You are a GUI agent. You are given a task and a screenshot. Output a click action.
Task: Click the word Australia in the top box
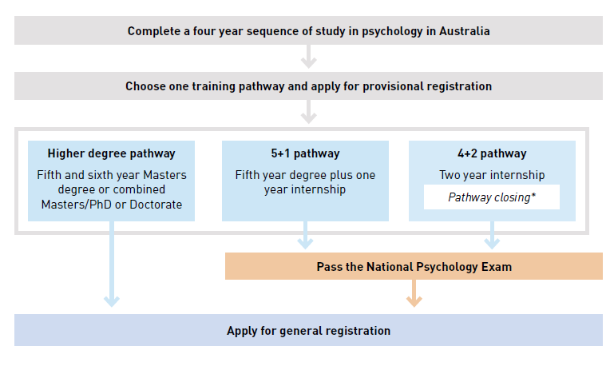(465, 31)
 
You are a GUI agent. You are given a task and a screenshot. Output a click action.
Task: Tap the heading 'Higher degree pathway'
(111, 153)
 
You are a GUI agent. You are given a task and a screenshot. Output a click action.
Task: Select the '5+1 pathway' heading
(305, 153)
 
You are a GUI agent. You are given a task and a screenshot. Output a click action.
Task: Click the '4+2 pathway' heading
(492, 153)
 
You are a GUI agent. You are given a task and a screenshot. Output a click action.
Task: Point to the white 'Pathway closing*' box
(492, 197)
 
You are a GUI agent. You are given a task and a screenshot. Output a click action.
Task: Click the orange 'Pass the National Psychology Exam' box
(414, 266)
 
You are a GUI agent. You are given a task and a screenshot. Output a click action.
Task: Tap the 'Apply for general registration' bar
(308, 330)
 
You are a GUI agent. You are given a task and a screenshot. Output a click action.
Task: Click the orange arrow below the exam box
(414, 293)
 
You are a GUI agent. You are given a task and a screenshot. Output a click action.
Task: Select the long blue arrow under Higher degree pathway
(112, 265)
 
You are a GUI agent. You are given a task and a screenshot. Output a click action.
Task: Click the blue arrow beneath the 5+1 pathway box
(305, 235)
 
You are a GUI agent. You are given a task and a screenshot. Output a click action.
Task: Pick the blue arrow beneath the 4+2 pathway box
(492, 235)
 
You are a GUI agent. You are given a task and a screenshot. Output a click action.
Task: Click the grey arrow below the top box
(308, 57)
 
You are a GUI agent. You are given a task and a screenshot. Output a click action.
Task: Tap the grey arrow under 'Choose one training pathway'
(308, 112)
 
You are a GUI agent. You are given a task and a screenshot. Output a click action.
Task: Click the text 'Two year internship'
(492, 175)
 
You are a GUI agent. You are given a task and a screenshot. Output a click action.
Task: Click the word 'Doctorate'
(156, 205)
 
